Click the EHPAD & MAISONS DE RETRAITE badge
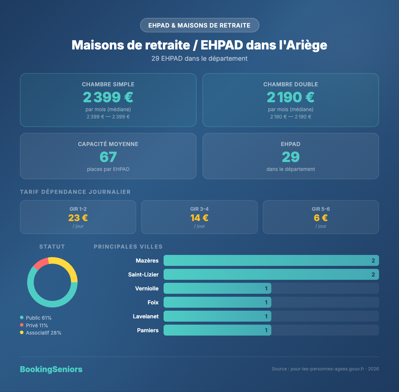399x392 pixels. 199,25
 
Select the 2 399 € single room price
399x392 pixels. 108,97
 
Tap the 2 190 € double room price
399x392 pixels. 291,97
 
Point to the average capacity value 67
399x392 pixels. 108,157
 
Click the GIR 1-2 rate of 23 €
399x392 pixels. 78,218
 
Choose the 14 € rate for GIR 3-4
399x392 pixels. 199,218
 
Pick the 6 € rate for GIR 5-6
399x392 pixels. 321,218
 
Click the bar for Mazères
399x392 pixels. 271,261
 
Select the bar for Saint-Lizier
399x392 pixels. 271,274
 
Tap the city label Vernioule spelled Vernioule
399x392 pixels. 147,288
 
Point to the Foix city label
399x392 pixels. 153,302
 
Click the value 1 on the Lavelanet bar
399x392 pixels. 266,316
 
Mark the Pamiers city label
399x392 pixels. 148,330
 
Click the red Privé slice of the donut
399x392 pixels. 41,263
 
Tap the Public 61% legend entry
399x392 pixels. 38,318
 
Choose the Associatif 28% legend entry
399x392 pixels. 43,333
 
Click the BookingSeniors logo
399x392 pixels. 51,369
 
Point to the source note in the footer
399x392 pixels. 325,369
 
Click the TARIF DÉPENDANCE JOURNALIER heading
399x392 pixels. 75,192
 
